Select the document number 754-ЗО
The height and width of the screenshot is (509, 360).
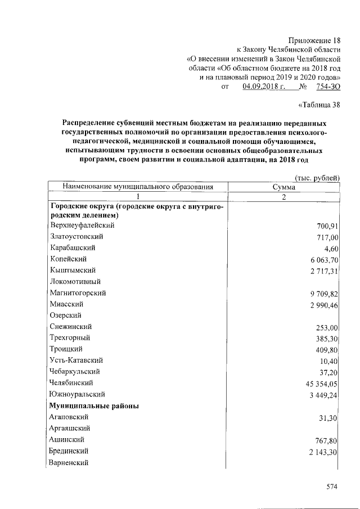coord(328,87)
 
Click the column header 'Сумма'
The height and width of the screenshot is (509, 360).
coord(284,187)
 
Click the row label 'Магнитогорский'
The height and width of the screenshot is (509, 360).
coord(78,293)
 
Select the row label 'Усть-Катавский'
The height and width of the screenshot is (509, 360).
coord(76,361)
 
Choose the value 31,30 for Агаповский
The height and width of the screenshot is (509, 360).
coord(327,418)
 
